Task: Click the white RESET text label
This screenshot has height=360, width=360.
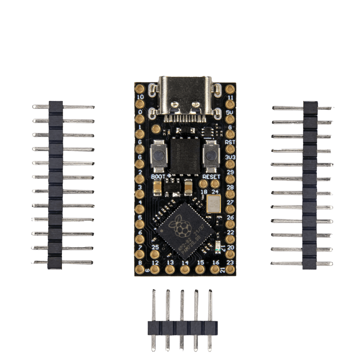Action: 212,176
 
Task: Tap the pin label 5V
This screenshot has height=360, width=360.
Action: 230,113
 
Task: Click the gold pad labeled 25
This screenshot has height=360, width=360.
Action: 155,255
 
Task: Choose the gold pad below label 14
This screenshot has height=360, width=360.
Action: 184,270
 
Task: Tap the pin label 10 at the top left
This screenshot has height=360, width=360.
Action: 140,97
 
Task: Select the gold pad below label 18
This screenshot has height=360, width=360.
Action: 204,184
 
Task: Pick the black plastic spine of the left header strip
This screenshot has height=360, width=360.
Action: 55,184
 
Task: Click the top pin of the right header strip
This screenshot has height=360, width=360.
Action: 302,108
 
